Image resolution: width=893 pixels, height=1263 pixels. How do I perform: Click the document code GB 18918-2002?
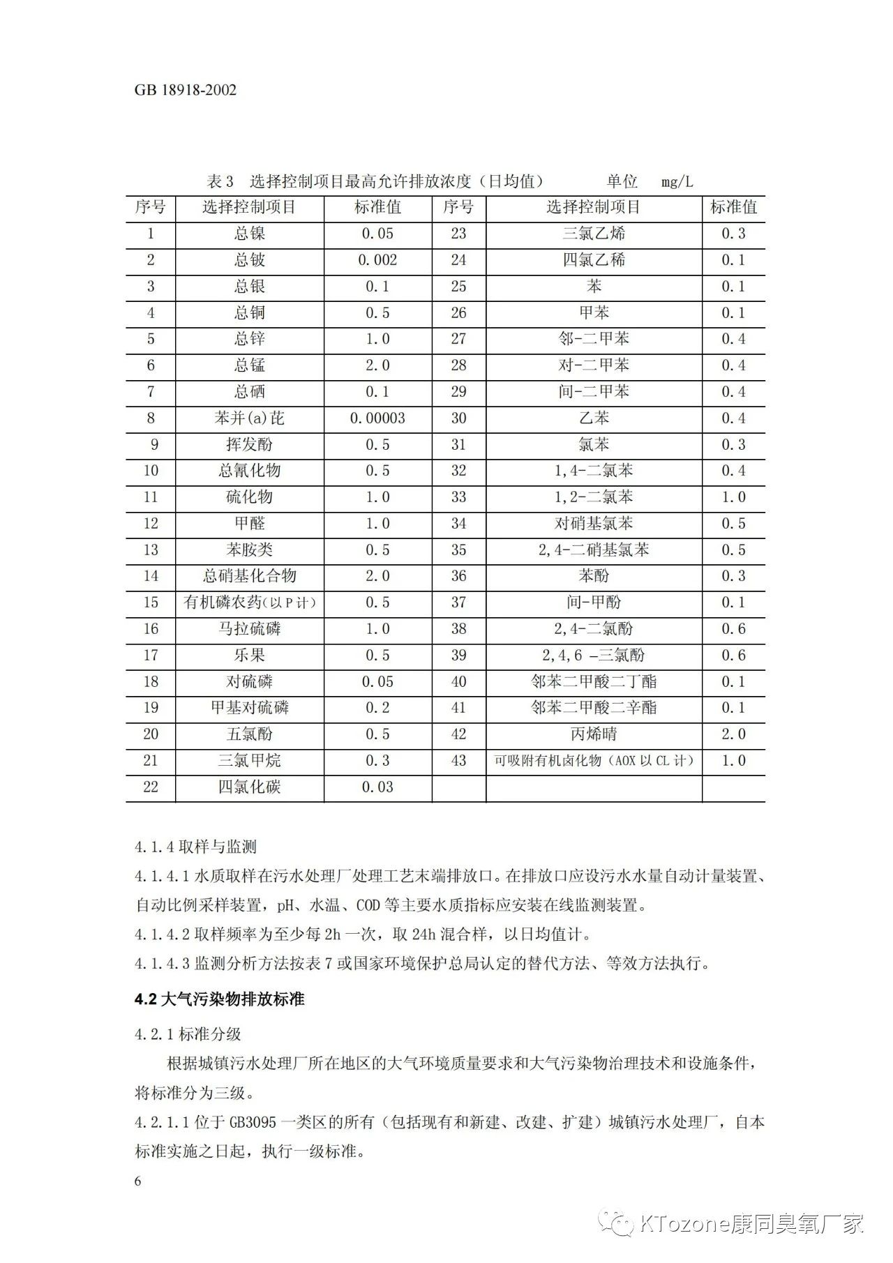[186, 90]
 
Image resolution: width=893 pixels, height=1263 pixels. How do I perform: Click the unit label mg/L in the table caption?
[677, 182]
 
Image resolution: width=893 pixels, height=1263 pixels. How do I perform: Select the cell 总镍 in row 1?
[249, 234]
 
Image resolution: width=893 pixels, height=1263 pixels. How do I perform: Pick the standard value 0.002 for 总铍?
[377, 260]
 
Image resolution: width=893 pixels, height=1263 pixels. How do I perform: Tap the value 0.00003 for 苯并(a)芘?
[377, 418]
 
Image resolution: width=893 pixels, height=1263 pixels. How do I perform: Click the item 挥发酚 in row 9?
[249, 445]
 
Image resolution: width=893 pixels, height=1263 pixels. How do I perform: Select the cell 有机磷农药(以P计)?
[249, 603]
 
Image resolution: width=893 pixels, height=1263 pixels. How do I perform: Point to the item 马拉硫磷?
[249, 629]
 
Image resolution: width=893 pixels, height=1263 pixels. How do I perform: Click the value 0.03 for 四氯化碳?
[377, 787]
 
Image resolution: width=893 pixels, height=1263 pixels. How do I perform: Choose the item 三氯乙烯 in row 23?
[594, 234]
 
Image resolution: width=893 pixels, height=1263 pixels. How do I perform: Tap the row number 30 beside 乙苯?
[458, 418]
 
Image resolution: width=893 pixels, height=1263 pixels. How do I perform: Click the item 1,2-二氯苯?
[594, 497]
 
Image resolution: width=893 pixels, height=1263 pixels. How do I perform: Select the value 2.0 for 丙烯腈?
[733, 734]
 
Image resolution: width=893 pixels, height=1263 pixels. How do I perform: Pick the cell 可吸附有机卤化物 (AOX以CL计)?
[594, 761]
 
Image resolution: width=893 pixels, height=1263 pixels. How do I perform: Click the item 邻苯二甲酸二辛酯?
[594, 708]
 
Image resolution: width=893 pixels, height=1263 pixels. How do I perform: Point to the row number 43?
[458, 761]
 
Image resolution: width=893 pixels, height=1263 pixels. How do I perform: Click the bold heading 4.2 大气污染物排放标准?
[220, 999]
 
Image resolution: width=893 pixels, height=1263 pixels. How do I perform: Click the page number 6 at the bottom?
[138, 1181]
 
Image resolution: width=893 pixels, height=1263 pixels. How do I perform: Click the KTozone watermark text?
[750, 1224]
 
